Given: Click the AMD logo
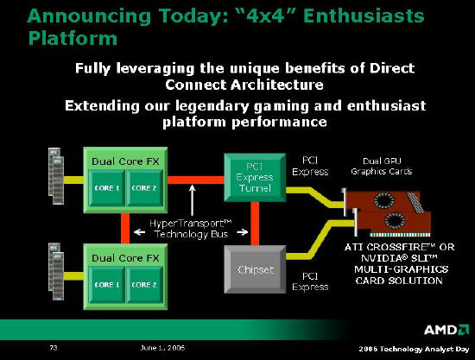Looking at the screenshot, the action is (x=446, y=330).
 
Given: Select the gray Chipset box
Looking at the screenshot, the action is (x=255, y=269).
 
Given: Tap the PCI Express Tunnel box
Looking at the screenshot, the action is (x=255, y=178).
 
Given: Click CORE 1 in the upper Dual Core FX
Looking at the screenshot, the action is (x=107, y=187).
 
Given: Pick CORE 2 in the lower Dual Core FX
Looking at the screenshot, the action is (x=144, y=285).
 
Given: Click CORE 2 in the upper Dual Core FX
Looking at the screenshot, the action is (x=144, y=187).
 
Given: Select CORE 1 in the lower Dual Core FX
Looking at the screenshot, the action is (x=107, y=285).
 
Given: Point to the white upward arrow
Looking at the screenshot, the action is (x=192, y=200).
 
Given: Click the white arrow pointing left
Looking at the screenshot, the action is (x=139, y=232).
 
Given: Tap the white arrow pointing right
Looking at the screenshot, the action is (x=243, y=232).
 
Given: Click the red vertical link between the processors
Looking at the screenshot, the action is (x=125, y=228).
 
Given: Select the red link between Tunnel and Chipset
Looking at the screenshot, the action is (x=255, y=224).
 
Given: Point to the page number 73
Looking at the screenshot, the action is (x=54, y=348).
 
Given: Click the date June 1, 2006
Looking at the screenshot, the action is (x=162, y=348).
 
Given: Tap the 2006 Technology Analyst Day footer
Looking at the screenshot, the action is (x=414, y=349).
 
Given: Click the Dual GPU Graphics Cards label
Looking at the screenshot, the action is (x=382, y=166).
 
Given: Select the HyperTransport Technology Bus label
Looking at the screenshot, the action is (x=191, y=229).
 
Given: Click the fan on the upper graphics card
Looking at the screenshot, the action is (x=384, y=200).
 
